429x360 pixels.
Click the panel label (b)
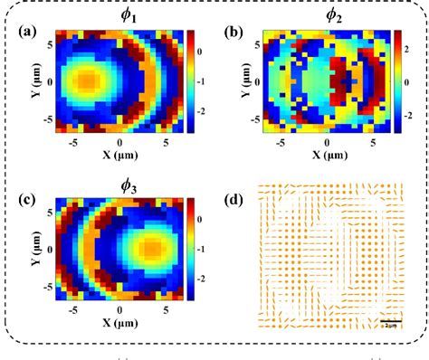(234, 32)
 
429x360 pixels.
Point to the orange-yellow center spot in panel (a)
(86, 81)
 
